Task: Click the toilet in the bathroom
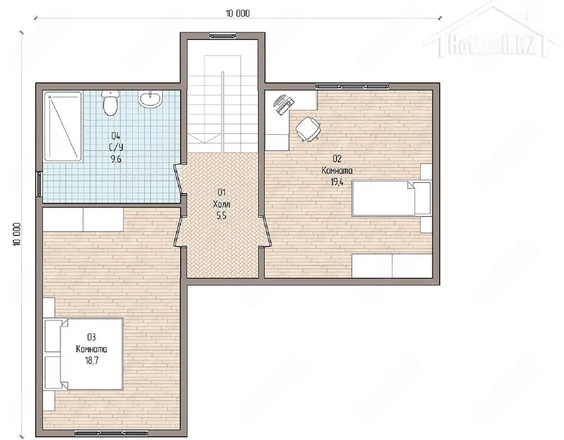click(111, 103)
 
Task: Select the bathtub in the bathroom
click(63, 127)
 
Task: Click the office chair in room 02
click(308, 129)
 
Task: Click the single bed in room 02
click(391, 198)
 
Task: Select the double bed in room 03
click(83, 354)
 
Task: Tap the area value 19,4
click(337, 183)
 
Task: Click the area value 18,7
click(92, 360)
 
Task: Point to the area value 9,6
click(116, 159)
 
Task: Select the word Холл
click(221, 205)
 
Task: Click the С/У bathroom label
click(116, 147)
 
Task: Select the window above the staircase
click(223, 36)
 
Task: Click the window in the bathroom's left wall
click(39, 184)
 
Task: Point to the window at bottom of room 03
click(111, 433)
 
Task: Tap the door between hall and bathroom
click(178, 179)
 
